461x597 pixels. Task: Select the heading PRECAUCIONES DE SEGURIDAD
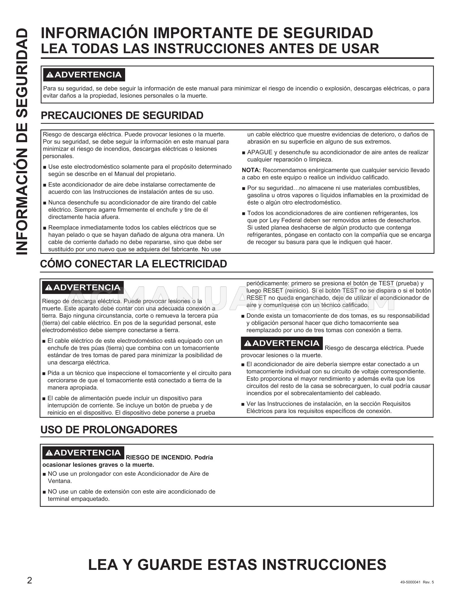pyautogui.click(x=122, y=116)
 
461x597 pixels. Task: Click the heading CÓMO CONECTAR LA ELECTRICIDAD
pyautogui.click(x=134, y=264)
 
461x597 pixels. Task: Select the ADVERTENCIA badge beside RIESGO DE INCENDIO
pyautogui.click(x=84, y=453)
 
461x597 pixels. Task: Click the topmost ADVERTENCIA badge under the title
pyautogui.click(x=84, y=75)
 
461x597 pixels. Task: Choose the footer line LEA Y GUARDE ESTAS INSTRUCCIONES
pyautogui.click(x=237, y=565)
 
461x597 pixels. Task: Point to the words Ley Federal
pyautogui.click(x=284, y=220)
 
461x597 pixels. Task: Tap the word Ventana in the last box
pyautogui.click(x=60, y=481)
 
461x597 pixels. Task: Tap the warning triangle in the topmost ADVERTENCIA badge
pyautogui.click(x=50, y=75)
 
